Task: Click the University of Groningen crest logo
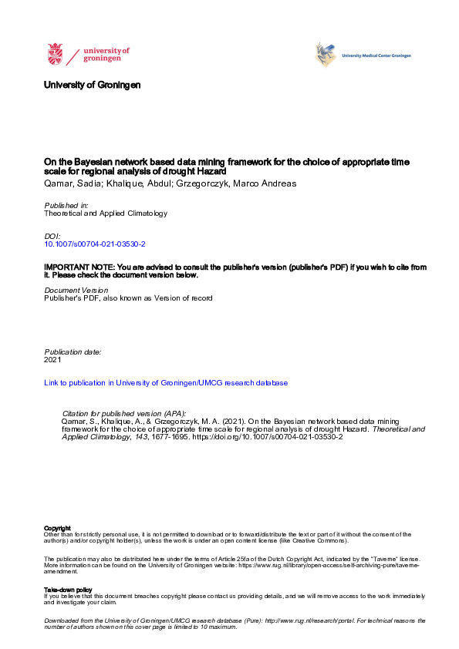click(x=56, y=55)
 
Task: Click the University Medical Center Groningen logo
click(x=326, y=55)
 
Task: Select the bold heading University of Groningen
click(x=93, y=85)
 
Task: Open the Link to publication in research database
click(x=166, y=382)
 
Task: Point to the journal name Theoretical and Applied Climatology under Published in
click(x=106, y=214)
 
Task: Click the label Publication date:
click(x=73, y=351)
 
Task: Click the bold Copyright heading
click(x=58, y=528)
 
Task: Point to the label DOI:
click(x=52, y=235)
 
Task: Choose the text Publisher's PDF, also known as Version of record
click(x=128, y=298)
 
